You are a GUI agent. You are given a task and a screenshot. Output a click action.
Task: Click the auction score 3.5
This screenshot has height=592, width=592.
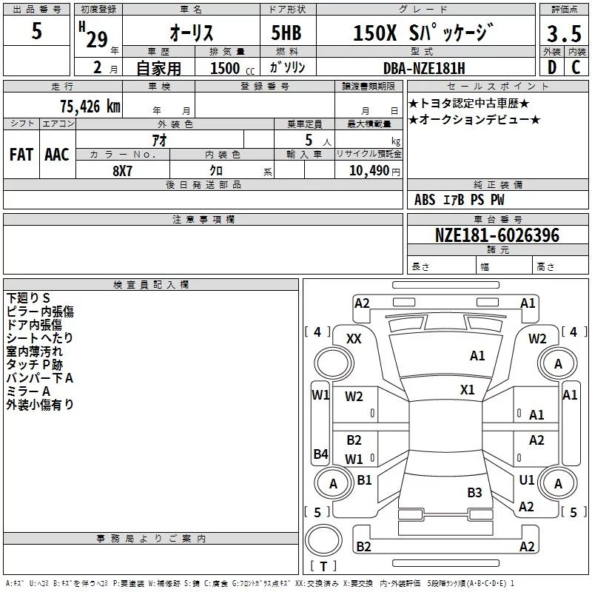[x=563, y=35]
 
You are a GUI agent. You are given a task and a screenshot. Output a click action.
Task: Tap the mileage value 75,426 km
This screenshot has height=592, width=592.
[x=87, y=106]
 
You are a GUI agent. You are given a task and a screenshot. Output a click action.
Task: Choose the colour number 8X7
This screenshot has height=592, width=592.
[x=123, y=169]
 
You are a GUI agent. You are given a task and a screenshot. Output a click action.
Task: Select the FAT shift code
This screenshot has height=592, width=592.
[x=21, y=154]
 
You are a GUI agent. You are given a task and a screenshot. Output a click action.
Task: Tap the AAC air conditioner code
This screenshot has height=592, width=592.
[x=57, y=154]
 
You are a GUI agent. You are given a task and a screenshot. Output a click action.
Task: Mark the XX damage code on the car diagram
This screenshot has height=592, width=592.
[x=354, y=338]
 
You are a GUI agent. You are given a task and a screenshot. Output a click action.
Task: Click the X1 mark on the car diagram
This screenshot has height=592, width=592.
[x=467, y=389]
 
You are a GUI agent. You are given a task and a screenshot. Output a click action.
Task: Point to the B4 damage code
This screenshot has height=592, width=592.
[x=320, y=454]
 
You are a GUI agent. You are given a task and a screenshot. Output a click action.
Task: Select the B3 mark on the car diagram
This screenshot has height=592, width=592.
[x=474, y=492]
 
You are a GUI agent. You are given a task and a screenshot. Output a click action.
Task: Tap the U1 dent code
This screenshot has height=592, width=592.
[x=526, y=480]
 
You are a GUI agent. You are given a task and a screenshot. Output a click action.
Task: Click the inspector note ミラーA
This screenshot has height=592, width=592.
[x=28, y=391]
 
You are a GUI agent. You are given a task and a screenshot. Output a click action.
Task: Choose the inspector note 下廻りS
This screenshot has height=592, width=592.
[x=28, y=297]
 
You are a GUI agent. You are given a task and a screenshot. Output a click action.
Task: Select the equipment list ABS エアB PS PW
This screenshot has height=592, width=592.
[x=460, y=200]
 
